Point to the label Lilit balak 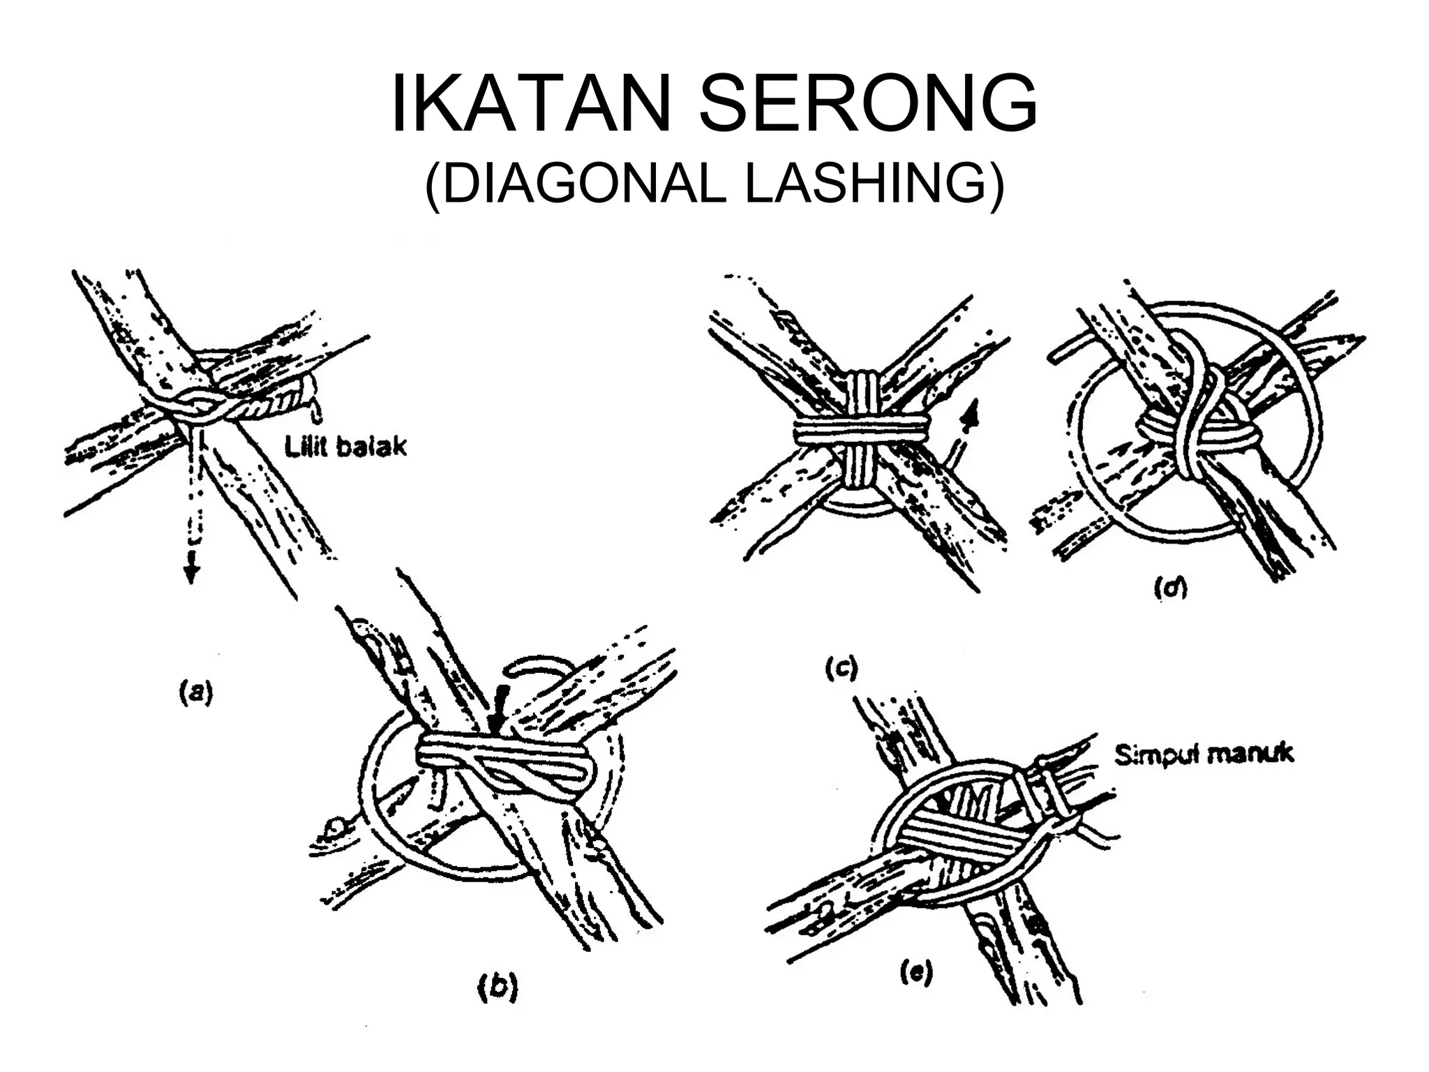click(x=346, y=447)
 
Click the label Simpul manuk click(x=1204, y=754)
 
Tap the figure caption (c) click(x=840, y=668)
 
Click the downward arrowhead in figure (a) click(x=191, y=574)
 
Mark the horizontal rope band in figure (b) click(x=502, y=758)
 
